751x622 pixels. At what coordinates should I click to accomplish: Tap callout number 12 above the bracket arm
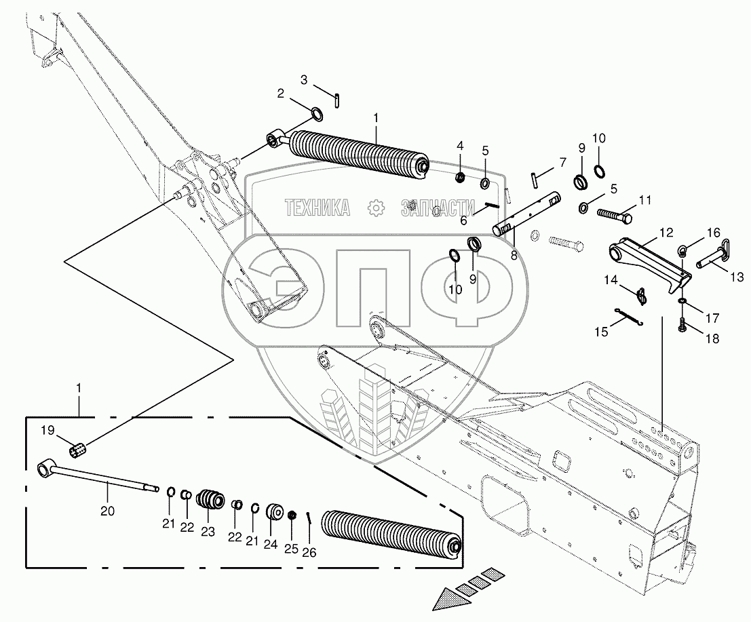tap(666, 232)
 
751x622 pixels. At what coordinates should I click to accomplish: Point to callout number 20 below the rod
tap(109, 511)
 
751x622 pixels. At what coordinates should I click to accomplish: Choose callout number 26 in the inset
tap(309, 553)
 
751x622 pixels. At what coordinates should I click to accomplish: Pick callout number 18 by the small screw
tap(712, 338)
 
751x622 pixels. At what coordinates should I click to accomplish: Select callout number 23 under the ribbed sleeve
tap(208, 531)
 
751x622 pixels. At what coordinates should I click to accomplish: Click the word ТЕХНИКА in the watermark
tap(317, 208)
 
